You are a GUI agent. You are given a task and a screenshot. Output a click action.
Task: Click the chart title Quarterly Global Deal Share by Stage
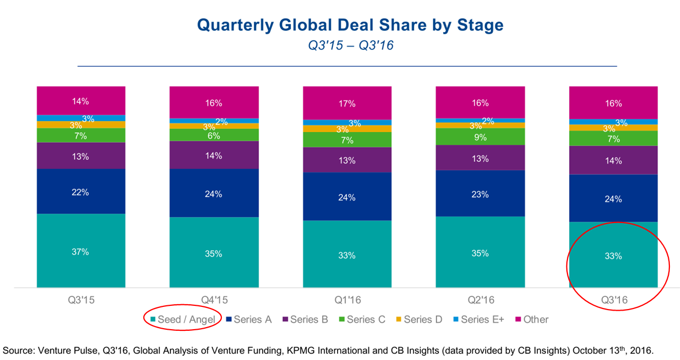(350, 25)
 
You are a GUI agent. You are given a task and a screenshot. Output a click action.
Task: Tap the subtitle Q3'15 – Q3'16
(350, 46)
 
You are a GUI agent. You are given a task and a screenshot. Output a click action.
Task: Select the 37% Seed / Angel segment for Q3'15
(81, 251)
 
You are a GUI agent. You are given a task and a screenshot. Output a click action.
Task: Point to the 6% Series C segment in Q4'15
(214, 135)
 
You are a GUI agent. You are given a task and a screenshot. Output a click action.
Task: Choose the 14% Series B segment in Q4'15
(214, 156)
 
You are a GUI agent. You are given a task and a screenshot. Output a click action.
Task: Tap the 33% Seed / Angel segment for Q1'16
(347, 254)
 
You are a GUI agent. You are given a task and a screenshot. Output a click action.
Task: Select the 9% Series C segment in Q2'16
(480, 136)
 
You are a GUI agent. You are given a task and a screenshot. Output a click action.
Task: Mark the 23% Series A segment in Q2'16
(480, 194)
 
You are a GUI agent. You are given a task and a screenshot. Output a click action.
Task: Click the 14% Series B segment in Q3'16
(613, 160)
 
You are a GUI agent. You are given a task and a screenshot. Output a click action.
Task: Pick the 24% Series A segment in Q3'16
(613, 199)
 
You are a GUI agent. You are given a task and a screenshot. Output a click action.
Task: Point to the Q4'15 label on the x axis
(214, 300)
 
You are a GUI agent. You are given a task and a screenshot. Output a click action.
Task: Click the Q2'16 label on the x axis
(480, 300)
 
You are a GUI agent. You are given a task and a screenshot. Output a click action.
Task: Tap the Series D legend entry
(420, 320)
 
